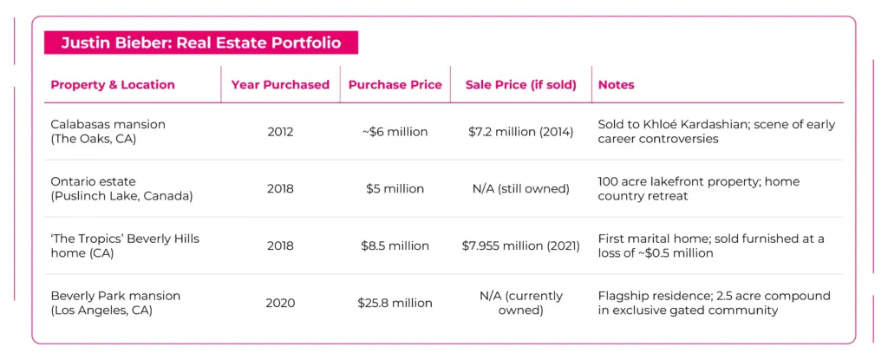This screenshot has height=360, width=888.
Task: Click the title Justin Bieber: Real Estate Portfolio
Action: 200,43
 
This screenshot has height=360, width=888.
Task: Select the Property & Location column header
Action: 113,85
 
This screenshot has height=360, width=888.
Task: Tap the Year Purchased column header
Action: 280,85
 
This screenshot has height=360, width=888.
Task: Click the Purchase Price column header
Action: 395,85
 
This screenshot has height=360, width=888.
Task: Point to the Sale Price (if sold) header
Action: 520,85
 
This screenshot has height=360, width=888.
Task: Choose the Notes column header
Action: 616,85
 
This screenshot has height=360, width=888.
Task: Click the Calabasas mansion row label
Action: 108,131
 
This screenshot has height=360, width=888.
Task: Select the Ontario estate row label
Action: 121,188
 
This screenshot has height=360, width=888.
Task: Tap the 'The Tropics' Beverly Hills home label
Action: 124,245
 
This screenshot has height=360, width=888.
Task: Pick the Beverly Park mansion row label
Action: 115,303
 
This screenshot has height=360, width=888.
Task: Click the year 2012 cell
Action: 280,132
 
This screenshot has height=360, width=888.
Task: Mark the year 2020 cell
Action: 280,303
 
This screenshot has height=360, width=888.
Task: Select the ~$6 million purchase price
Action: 395,132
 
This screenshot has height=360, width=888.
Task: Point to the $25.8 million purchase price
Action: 395,303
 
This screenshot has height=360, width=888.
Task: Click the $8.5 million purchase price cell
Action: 395,245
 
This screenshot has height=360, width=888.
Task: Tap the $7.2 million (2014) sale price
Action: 520,132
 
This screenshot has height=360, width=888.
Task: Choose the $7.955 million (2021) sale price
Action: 520,245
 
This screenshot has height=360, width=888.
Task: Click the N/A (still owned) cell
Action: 520,188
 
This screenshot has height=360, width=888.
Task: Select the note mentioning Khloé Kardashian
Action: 716,131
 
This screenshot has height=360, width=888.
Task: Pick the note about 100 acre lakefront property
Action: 698,188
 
